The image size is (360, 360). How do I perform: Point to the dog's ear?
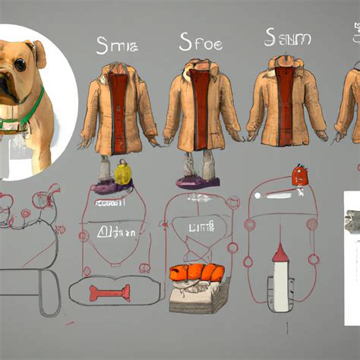point(38,52)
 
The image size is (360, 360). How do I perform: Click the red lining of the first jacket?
point(117,106)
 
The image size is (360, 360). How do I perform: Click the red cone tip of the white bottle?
point(280,254)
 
